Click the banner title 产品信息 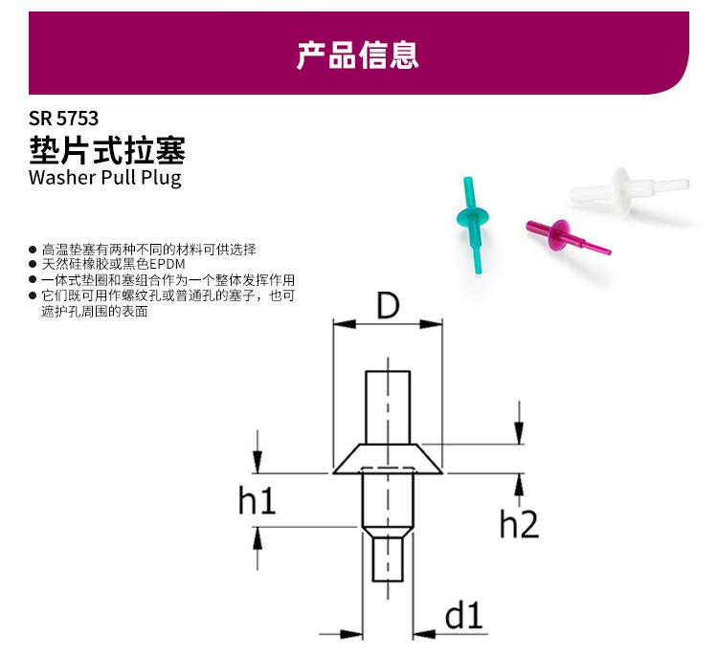coord(358,55)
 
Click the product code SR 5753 coord(63,119)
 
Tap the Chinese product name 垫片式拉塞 coord(107,150)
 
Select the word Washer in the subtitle coord(62,177)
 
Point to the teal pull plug coord(473,224)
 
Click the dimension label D coord(388,306)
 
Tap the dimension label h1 coord(257,500)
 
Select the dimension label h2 coord(519,524)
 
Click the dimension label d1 coord(463,615)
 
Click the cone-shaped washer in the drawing coord(388,459)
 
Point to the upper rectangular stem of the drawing coord(388,407)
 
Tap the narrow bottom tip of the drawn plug coord(388,559)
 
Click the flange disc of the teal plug coord(473,217)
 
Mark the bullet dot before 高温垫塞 coord(33,250)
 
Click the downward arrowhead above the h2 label coord(519,432)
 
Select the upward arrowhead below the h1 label coord(258,538)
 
